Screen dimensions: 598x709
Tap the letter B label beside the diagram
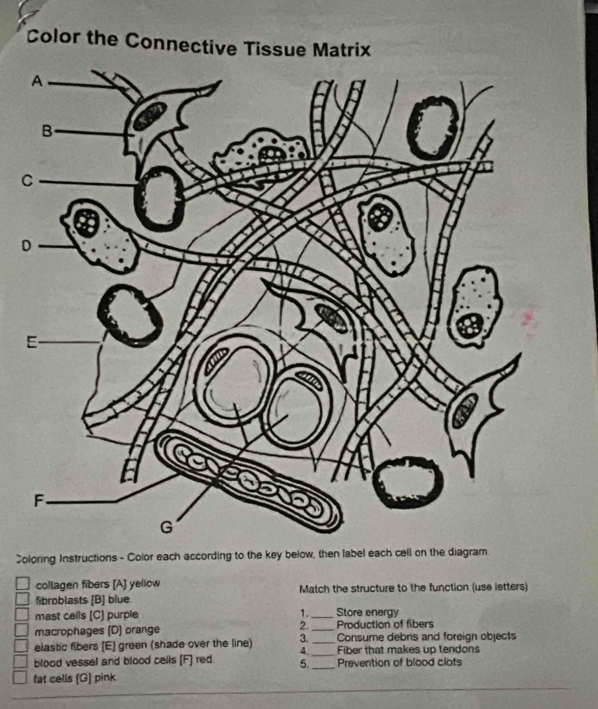[x=47, y=131]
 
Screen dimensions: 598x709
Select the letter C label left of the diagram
[x=28, y=182]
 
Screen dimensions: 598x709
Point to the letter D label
[x=27, y=246]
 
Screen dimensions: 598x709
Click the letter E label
[x=30, y=342]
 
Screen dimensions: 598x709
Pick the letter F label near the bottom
[x=40, y=500]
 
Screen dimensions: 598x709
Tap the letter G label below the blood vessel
[x=167, y=528]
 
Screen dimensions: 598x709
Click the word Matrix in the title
[x=342, y=50]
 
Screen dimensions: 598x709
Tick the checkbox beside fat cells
[x=20, y=677]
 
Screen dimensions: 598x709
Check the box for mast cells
[x=21, y=615]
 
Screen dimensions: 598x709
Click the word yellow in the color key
[x=145, y=583]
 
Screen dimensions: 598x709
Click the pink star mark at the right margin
[x=527, y=318]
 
